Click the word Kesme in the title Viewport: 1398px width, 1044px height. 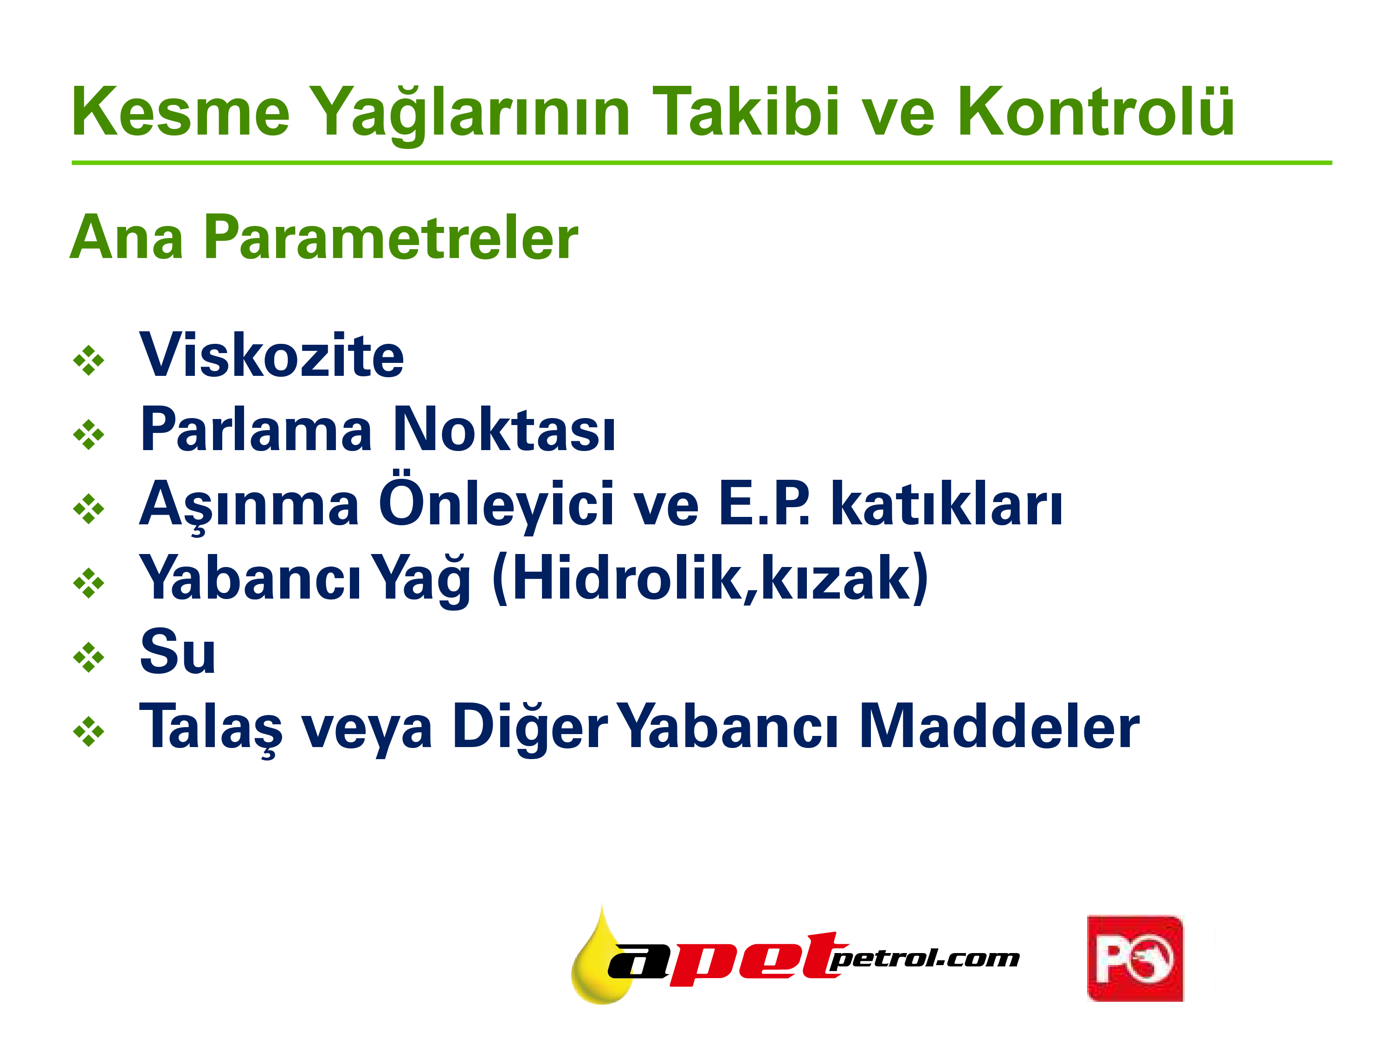click(181, 112)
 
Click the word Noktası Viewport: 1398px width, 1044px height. click(504, 429)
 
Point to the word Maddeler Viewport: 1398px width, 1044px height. click(1000, 726)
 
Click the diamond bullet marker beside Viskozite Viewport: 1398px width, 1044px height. click(89, 360)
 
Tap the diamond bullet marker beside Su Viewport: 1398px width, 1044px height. click(89, 657)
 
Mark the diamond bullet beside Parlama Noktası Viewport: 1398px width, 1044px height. click(89, 435)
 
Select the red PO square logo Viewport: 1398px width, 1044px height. click(1135, 958)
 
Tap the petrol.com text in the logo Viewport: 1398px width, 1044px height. click(924, 959)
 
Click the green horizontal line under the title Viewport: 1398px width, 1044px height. click(702, 163)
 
